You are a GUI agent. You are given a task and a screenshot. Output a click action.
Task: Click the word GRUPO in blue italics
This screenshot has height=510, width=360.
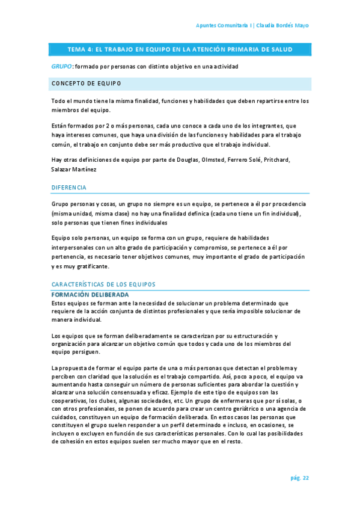[62, 66]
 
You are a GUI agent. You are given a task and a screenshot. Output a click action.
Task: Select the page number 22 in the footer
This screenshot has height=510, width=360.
[306, 478]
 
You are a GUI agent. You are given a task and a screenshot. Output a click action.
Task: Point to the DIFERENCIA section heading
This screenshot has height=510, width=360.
[69, 188]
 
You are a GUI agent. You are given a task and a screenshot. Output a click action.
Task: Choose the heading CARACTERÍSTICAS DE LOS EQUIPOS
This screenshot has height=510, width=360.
[103, 284]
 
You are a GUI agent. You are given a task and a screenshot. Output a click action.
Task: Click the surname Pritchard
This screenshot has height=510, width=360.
[289, 160]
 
